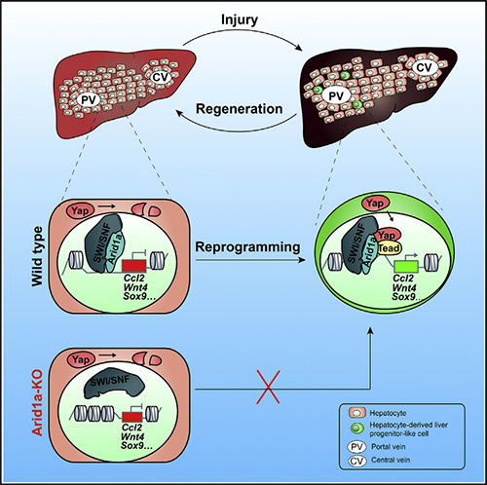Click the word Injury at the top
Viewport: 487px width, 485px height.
point(240,20)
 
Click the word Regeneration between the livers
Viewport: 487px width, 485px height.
point(240,109)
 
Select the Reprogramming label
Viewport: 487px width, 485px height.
point(247,247)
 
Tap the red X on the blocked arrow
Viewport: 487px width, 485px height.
point(268,388)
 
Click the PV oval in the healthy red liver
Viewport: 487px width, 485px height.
point(89,100)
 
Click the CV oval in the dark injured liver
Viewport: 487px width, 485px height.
point(424,67)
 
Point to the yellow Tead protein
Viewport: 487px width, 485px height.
point(390,248)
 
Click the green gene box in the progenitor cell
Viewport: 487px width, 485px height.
point(405,267)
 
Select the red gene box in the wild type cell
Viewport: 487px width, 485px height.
point(134,266)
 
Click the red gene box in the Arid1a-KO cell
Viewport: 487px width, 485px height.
point(132,417)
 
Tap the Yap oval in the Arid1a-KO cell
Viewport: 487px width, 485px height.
point(81,359)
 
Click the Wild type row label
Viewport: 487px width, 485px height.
point(37,256)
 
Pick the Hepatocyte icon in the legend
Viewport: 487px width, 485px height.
point(356,413)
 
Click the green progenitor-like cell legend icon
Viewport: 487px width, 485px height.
point(356,429)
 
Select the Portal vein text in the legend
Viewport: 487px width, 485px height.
point(389,447)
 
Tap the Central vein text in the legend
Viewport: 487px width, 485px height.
point(391,460)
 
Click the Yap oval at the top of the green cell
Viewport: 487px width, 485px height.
point(375,204)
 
